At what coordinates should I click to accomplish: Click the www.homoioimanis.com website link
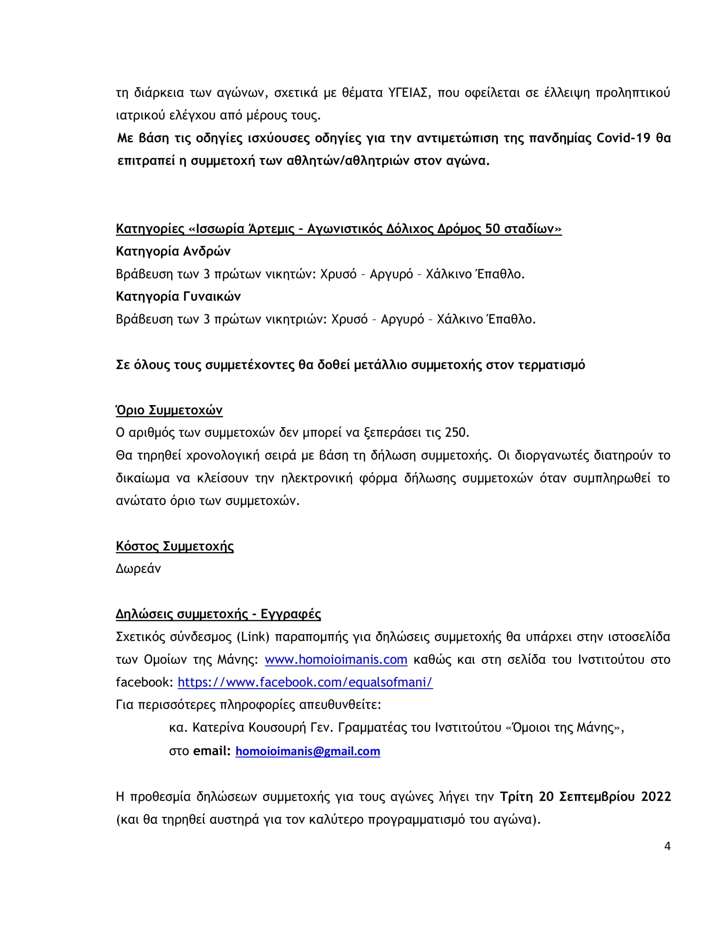(336, 659)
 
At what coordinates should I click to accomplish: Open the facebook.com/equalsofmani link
(305, 682)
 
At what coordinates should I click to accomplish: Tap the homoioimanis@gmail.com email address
(307, 751)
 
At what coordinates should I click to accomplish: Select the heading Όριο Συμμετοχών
(169, 410)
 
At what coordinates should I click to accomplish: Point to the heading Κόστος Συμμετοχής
(175, 546)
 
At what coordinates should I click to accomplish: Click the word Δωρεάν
(138, 569)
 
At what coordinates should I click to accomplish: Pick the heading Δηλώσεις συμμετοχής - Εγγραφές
(218, 614)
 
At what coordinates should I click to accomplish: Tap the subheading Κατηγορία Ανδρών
(173, 251)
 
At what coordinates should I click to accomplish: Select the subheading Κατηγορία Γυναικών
(178, 296)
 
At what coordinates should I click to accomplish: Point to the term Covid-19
(623, 138)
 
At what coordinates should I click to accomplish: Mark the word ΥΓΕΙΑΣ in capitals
(408, 93)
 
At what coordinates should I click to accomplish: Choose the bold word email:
(212, 751)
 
